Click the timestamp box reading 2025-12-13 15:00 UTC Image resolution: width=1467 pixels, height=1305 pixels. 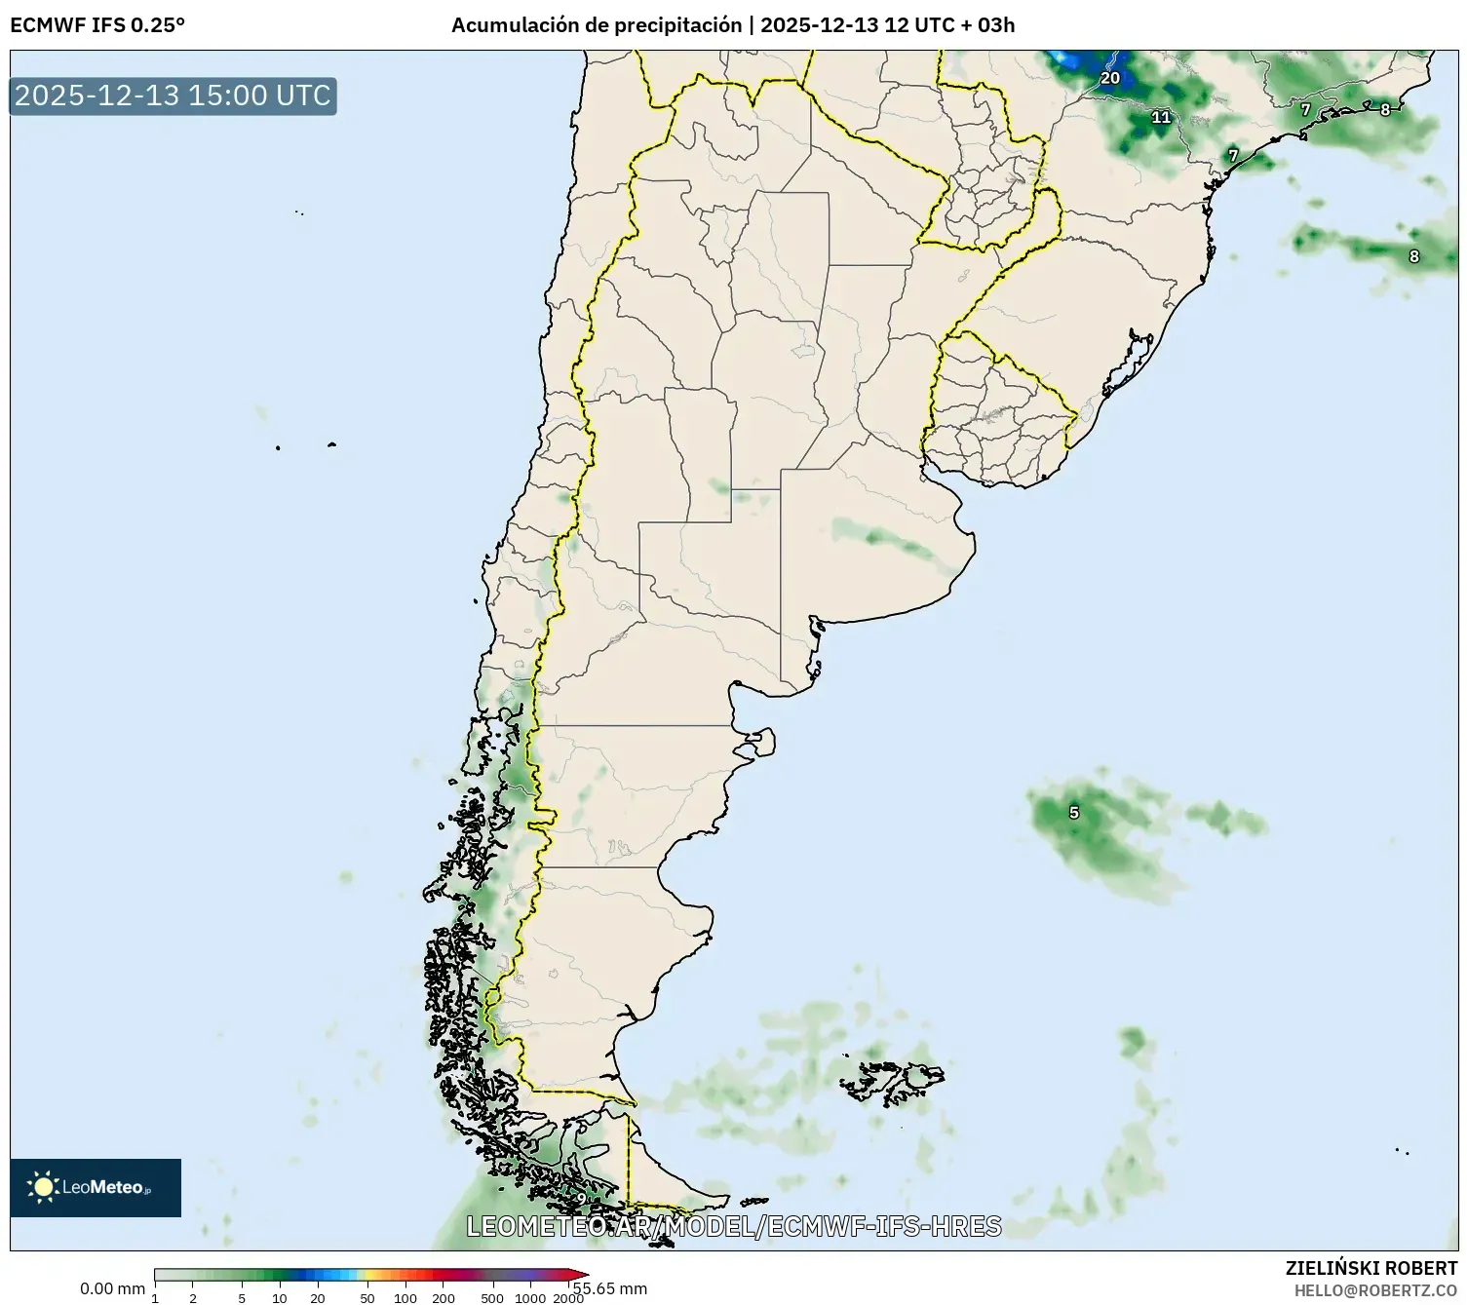pos(173,96)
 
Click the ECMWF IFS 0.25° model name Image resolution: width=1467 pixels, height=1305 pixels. pos(97,25)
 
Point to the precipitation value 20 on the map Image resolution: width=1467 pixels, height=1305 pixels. pos(1109,78)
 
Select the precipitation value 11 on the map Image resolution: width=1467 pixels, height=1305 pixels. pos(1160,117)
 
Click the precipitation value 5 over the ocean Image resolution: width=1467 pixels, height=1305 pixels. pos(1073,813)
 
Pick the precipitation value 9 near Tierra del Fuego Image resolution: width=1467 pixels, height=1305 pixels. pos(581,1199)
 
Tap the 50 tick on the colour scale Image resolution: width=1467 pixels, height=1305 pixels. pos(367,1297)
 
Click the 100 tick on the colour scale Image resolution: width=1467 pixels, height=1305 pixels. pos(405,1297)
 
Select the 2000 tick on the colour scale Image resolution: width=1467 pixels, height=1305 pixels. pos(568,1297)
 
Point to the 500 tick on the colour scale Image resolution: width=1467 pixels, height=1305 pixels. pos(492,1297)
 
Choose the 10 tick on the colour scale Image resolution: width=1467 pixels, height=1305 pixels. pos(280,1297)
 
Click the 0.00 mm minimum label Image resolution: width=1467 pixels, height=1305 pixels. pos(112,1288)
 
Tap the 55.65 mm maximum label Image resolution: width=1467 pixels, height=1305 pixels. pos(611,1288)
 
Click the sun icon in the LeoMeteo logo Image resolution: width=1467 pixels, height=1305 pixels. pos(44,1186)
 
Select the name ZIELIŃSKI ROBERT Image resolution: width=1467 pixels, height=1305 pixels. pos(1370,1268)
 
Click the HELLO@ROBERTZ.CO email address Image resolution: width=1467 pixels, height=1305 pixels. pos(1374,1290)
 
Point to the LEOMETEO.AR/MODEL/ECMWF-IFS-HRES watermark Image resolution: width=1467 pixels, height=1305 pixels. pos(733,1226)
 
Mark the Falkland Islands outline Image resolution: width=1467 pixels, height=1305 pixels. pos(892,1079)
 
